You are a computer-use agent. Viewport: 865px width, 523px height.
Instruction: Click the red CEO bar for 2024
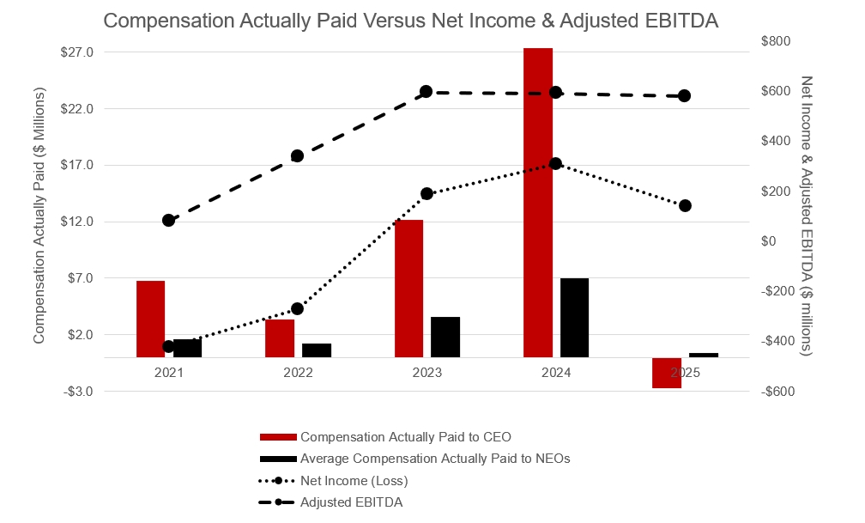point(538,202)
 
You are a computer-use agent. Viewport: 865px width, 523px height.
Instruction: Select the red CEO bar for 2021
point(150,319)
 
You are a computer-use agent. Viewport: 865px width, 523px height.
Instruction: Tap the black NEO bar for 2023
point(445,337)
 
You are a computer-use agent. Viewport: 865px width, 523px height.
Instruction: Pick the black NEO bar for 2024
point(574,317)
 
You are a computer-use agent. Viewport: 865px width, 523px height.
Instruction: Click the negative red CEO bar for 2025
point(667,373)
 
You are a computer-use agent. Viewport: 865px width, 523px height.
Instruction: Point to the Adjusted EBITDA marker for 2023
point(426,92)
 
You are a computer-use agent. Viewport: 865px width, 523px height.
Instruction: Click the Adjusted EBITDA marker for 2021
point(168,220)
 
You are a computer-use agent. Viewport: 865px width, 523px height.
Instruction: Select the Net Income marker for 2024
point(555,163)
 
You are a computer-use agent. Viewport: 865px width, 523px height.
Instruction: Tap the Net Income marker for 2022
point(298,308)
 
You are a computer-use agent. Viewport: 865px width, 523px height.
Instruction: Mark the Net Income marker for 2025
point(685,205)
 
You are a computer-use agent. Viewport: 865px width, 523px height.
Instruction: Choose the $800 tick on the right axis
point(777,41)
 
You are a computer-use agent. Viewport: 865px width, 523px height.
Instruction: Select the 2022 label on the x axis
point(298,373)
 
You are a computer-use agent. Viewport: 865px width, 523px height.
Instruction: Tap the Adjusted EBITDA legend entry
point(351,502)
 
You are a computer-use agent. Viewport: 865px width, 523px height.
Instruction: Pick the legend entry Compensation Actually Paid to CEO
point(405,437)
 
